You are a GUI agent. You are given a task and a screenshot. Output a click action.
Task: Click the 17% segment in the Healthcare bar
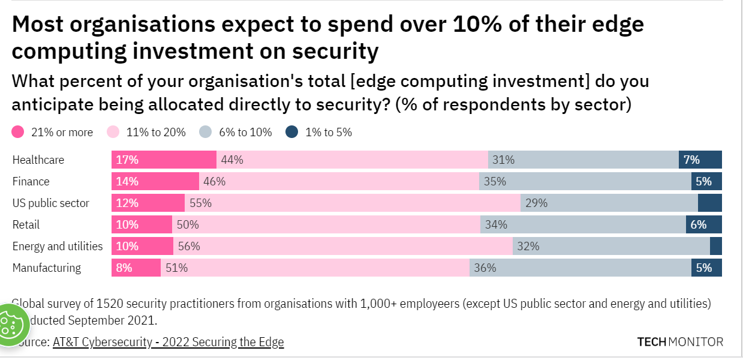point(164,160)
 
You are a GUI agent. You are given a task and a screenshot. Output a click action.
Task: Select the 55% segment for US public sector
point(352,203)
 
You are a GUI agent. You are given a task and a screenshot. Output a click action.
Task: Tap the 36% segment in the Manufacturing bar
point(580,268)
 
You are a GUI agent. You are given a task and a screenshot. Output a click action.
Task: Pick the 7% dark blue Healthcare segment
point(700,160)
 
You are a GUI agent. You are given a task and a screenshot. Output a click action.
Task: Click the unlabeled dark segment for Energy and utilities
point(715,246)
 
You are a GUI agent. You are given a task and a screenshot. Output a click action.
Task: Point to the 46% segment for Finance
point(339,181)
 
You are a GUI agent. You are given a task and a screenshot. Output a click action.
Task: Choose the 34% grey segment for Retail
point(583,224)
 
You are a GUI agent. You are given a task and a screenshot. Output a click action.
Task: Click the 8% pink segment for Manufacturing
point(136,268)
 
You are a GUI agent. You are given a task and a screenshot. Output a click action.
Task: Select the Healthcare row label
point(38,160)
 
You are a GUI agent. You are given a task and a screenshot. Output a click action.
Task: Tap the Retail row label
point(26,225)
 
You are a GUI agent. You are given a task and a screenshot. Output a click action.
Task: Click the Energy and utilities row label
point(58,247)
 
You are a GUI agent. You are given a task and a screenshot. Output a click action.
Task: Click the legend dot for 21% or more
point(18,132)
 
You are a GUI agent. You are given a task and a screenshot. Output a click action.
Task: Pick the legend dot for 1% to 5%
point(292,132)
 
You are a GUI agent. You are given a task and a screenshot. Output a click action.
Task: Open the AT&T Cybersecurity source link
point(168,342)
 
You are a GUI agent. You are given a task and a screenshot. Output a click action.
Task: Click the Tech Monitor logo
point(680,342)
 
